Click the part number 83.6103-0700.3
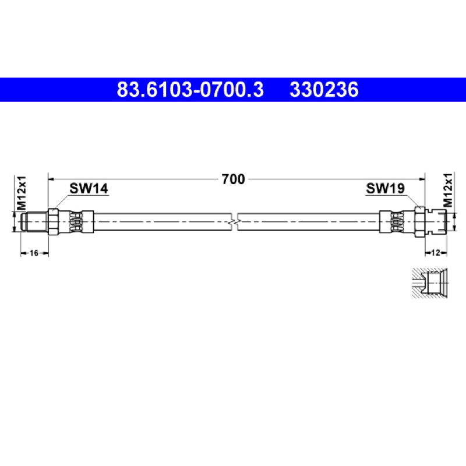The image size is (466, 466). pyautogui.click(x=190, y=90)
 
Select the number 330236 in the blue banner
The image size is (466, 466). pyautogui.click(x=324, y=90)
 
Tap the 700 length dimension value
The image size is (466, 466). pyautogui.click(x=234, y=179)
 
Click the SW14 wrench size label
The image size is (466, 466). pyautogui.click(x=89, y=188)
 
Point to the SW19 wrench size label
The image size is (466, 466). pyautogui.click(x=385, y=188)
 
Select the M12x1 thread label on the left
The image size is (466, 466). pyautogui.click(x=22, y=193)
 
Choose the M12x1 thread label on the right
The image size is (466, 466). pyautogui.click(x=448, y=190)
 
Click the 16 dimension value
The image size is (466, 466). pyautogui.click(x=34, y=253)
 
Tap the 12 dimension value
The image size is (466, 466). pyautogui.click(x=435, y=253)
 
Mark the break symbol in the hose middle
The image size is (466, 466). pyautogui.click(x=235, y=222)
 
